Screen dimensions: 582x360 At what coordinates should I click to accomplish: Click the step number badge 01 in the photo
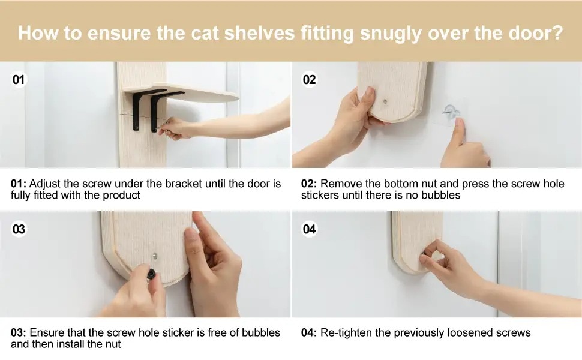(x=19, y=79)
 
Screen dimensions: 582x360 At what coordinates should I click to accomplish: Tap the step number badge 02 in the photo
(x=309, y=79)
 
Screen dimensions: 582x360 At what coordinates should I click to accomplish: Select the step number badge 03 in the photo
(x=19, y=229)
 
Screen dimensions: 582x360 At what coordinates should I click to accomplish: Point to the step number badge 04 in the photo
(x=309, y=229)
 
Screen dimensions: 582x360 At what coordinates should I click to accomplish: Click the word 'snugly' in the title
(x=391, y=34)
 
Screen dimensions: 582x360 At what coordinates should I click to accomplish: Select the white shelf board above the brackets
(x=182, y=93)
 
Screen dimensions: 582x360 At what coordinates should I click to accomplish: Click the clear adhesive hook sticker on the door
(x=449, y=113)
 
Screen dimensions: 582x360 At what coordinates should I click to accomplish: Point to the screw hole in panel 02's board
(x=385, y=101)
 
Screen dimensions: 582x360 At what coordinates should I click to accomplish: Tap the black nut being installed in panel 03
(x=151, y=274)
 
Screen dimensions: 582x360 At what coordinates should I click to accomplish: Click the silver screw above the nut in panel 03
(x=155, y=256)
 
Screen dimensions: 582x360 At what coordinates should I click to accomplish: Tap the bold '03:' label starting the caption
(x=19, y=332)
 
